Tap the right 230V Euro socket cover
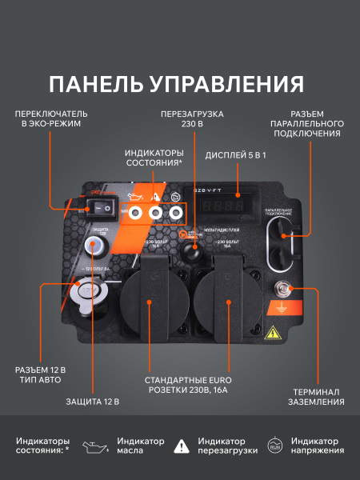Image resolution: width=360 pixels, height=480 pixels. click(x=227, y=303)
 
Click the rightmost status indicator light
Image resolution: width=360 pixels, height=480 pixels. click(x=175, y=213)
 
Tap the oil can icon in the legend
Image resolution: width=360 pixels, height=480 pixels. click(x=96, y=446)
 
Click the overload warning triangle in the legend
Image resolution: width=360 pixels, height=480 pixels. click(x=183, y=446)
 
